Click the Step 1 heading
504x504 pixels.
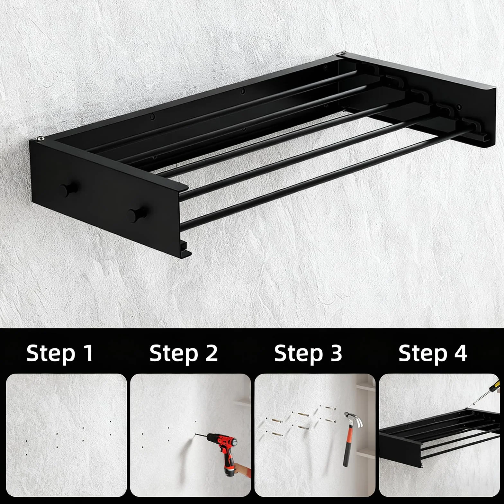[x=60, y=354]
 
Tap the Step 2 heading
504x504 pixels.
[x=184, y=354]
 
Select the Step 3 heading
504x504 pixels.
[x=308, y=354]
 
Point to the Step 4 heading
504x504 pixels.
[x=433, y=354]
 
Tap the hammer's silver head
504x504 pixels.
[x=353, y=419]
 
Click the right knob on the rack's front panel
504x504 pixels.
[x=137, y=214]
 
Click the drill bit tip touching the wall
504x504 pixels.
[x=196, y=435]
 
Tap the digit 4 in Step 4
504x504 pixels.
[x=460, y=353]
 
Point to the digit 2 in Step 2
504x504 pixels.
[x=212, y=353]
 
